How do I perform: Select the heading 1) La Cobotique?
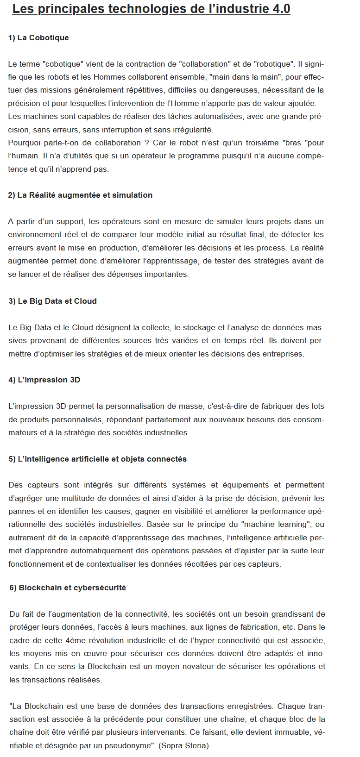pyautogui.click(x=38, y=38)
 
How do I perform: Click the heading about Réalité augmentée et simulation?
pyautogui.click(x=80, y=195)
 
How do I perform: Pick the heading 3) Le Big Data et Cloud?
pyautogui.click(x=52, y=301)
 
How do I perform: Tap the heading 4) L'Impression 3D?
pyautogui.click(x=44, y=380)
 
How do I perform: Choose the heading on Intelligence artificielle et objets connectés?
pyautogui.click(x=97, y=459)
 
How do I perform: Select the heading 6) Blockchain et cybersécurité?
pyautogui.click(x=68, y=588)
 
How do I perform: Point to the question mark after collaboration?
pyautogui.click(x=147, y=143)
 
